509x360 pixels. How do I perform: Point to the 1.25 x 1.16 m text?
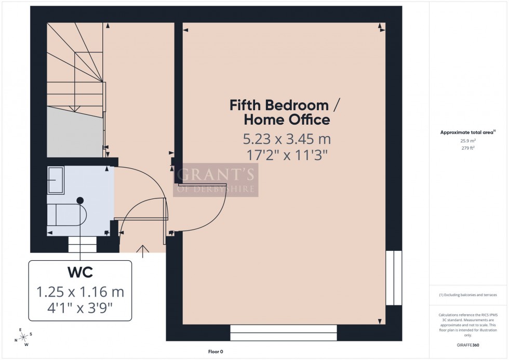point(80,291)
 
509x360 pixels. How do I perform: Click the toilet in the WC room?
point(66,214)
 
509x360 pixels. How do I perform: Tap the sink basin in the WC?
point(56,180)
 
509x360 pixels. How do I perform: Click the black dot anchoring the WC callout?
point(80,200)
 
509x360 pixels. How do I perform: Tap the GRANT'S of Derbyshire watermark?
point(215,180)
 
